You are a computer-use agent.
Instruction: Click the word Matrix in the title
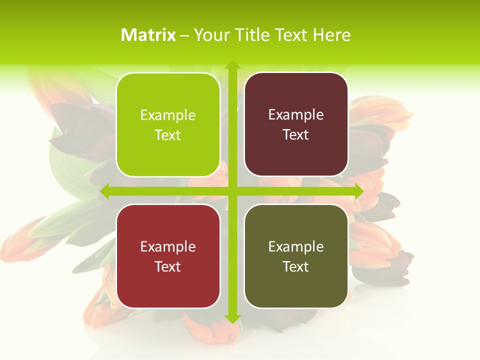148,35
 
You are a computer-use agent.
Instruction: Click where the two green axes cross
232,191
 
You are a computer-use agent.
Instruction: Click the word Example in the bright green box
168,115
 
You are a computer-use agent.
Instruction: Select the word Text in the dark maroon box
296,135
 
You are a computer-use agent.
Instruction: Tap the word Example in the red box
168,247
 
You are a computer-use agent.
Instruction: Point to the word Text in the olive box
296,267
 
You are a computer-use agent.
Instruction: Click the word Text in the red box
168,267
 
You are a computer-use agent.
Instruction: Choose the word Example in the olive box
296,247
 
